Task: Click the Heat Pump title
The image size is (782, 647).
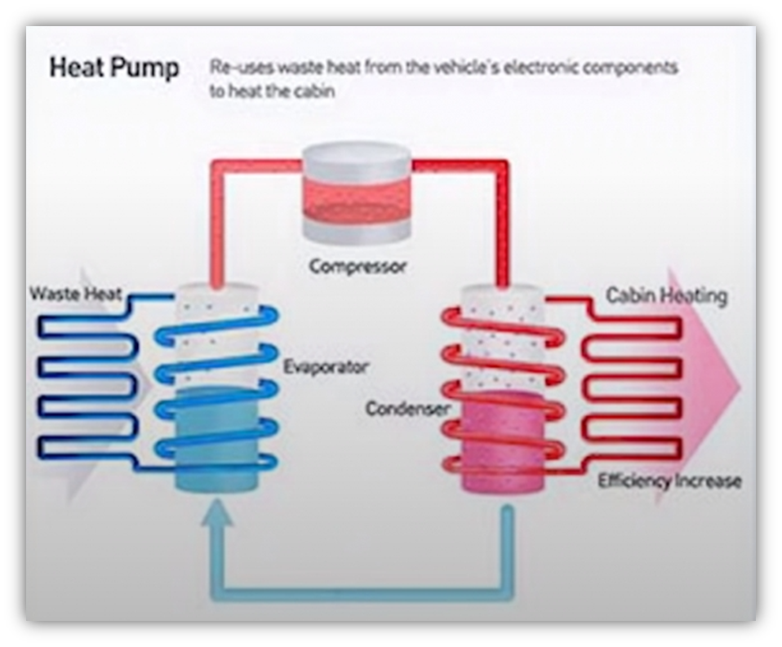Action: point(114,68)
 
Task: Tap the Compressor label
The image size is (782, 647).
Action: point(358,266)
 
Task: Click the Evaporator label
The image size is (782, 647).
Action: point(325,366)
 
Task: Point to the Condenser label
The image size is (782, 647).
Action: point(407,408)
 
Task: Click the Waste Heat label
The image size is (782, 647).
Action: point(75,293)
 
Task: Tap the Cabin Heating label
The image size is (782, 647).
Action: point(666,295)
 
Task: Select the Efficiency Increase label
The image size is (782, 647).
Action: point(669,481)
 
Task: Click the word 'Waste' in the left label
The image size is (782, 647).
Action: point(51,293)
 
